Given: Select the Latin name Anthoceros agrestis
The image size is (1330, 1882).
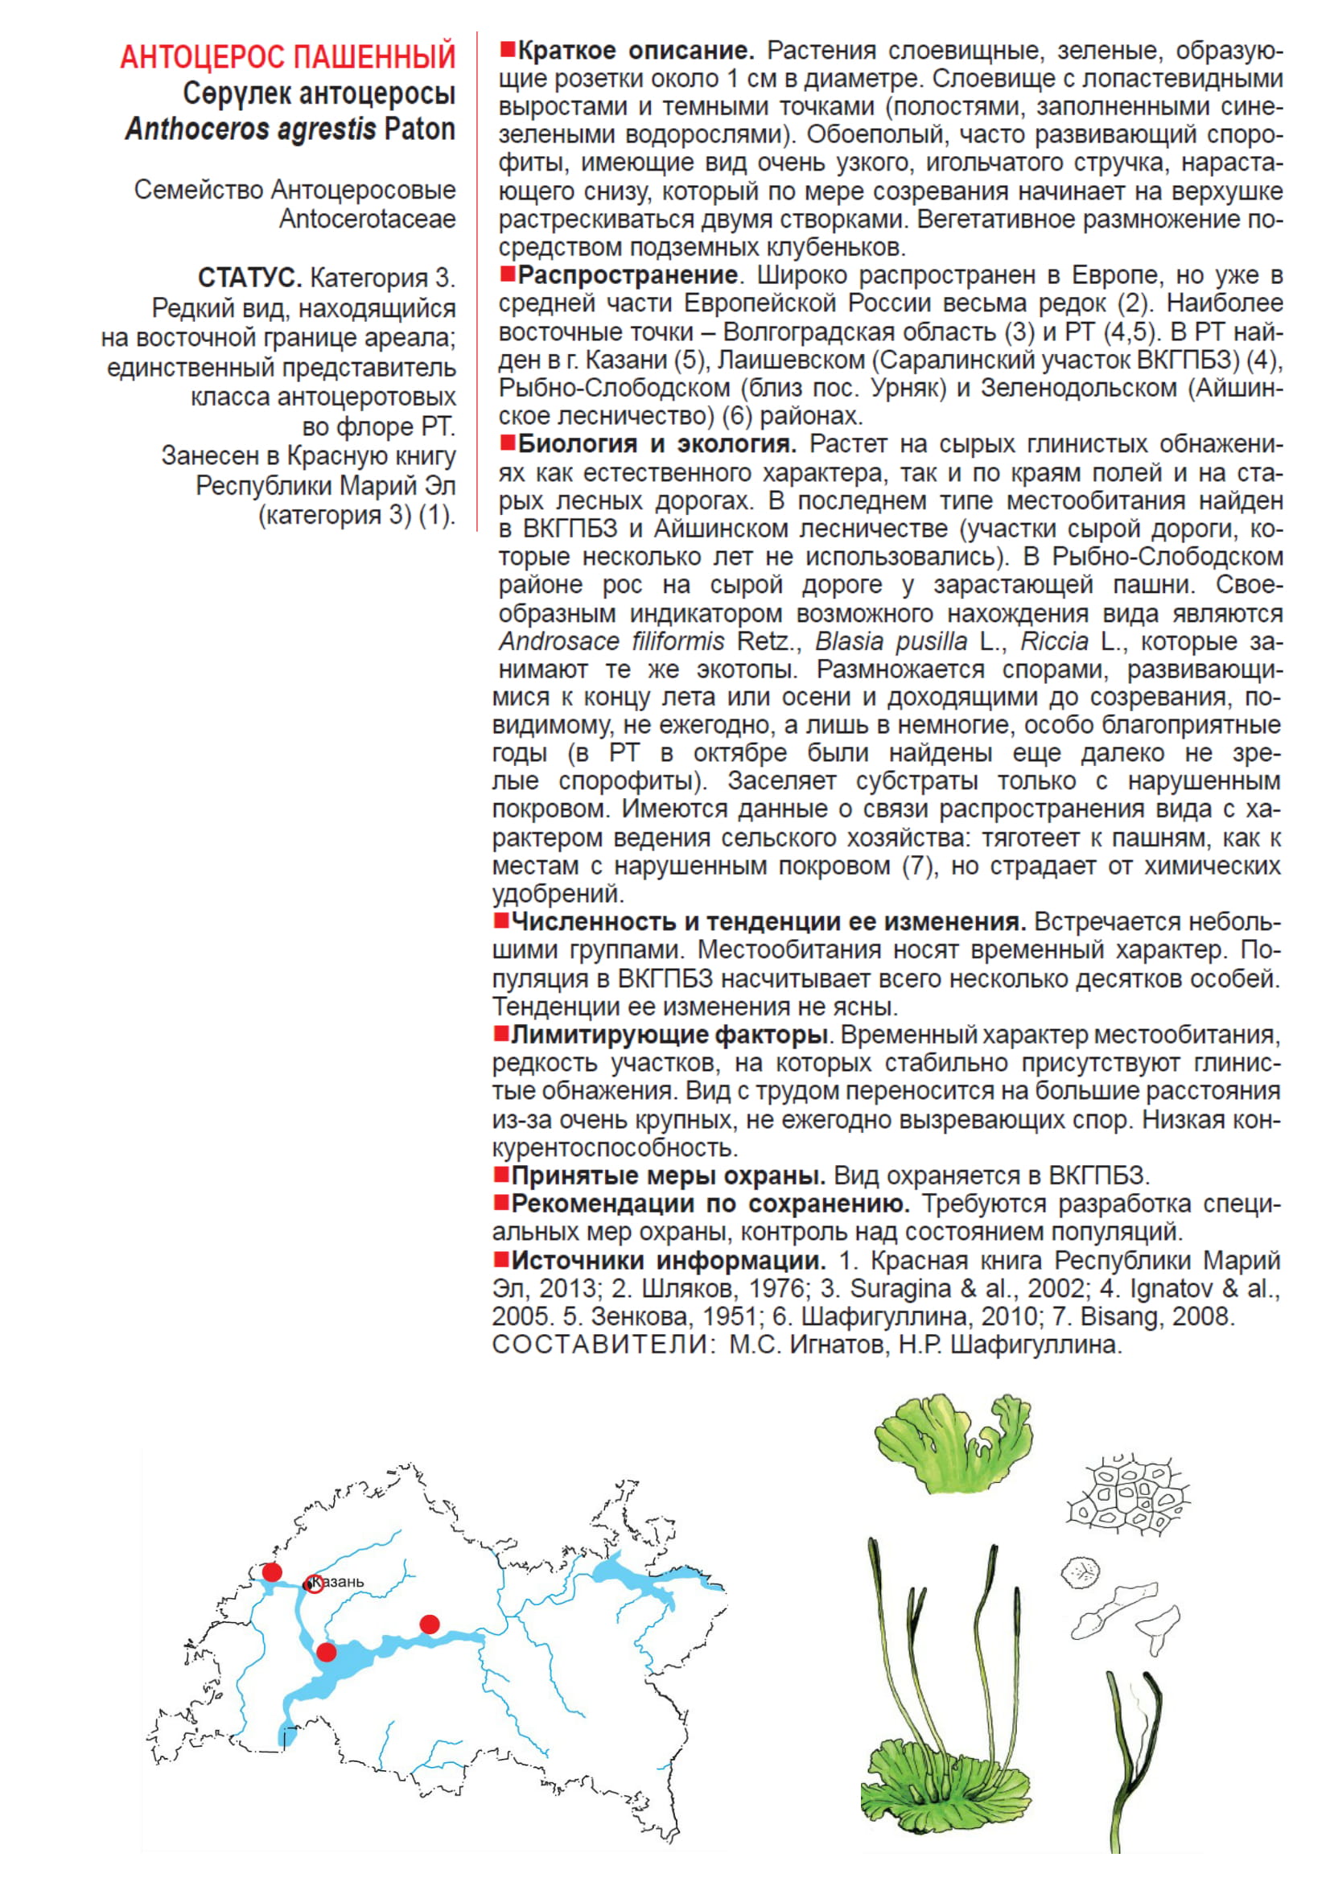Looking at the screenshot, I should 251,130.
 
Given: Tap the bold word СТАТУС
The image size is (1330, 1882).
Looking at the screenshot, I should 250,278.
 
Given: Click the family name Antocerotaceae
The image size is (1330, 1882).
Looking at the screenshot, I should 367,219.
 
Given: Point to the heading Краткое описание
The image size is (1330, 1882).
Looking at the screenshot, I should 635,51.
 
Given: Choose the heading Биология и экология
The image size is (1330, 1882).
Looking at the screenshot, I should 657,444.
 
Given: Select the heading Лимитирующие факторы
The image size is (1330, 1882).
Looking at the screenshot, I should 668,1035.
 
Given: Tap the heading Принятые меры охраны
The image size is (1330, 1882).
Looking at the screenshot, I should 668,1176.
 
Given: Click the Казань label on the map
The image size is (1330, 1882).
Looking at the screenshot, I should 339,1581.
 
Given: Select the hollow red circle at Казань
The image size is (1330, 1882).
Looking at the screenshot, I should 314,1583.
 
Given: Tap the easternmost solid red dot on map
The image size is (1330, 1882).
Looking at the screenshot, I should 430,1624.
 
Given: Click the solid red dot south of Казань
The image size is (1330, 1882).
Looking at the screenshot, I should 326,1652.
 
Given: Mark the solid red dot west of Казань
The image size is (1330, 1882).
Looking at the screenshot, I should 272,1571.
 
